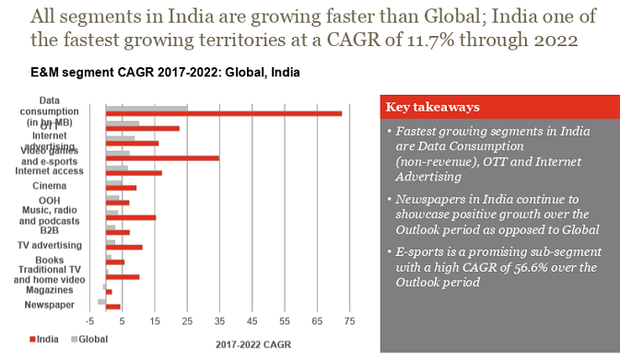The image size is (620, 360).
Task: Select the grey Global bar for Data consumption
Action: tap(146, 107)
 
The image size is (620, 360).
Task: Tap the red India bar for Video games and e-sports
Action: tap(162, 158)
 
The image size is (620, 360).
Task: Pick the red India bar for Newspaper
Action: tap(113, 306)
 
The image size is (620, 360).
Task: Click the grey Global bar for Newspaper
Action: tap(102, 300)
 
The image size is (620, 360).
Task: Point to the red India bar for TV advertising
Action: tap(124, 247)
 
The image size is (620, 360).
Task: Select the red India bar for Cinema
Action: tap(121, 188)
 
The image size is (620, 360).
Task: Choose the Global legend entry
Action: tap(88, 339)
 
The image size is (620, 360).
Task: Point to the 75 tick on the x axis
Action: tap(349, 323)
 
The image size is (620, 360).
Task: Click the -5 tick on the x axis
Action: tap(89, 323)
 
